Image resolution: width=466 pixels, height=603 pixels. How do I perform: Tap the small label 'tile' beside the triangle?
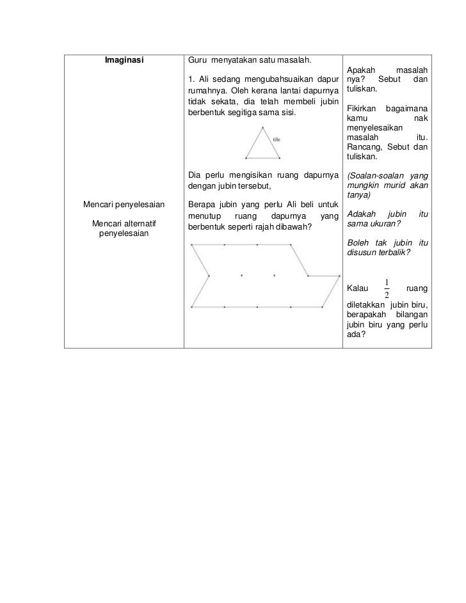click(x=277, y=139)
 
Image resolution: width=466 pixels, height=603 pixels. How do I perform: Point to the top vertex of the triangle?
click(x=262, y=127)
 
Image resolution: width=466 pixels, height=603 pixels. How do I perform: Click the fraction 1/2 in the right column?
click(x=387, y=289)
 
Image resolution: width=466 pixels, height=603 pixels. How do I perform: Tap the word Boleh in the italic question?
click(x=357, y=242)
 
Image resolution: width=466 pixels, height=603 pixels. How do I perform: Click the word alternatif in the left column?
click(x=138, y=224)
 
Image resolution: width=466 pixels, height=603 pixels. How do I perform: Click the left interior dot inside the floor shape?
click(x=241, y=276)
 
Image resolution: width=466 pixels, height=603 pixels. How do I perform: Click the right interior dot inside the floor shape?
click(x=274, y=276)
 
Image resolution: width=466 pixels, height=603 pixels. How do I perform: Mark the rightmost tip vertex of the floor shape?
click(x=341, y=276)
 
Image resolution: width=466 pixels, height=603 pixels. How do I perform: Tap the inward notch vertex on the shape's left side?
click(x=209, y=276)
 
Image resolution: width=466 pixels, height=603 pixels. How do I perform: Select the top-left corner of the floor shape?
click(x=191, y=244)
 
